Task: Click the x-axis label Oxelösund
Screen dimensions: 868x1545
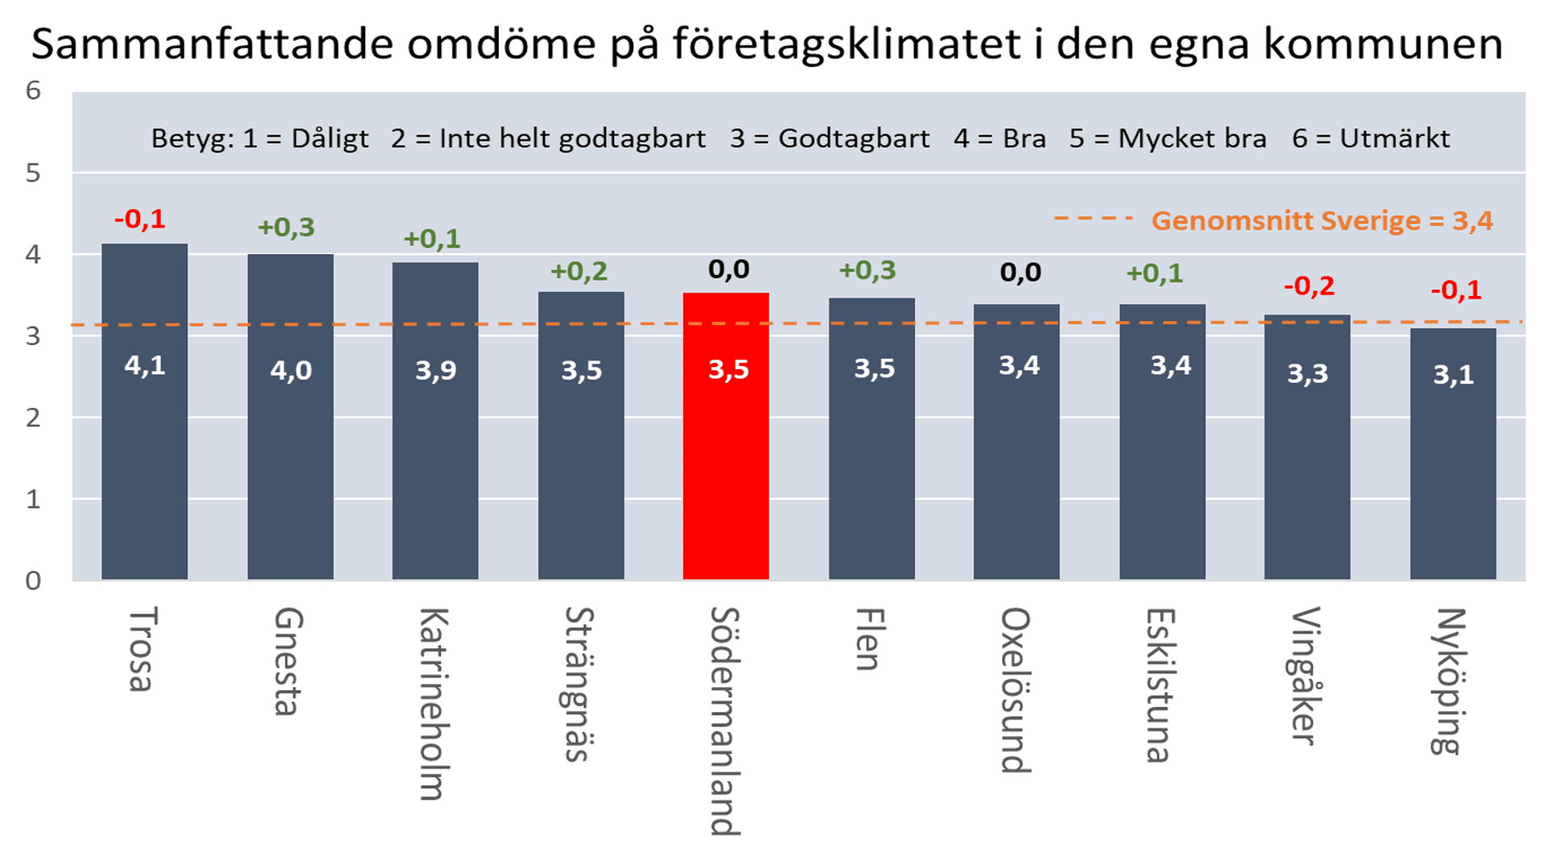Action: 1016,690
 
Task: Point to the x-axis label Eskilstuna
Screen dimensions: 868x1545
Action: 1160,685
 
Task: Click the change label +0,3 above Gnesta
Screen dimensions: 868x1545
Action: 286,228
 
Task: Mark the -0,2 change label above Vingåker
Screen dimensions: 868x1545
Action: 1309,286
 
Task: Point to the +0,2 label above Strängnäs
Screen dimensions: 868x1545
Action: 579,272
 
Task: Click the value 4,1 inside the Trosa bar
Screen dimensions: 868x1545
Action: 145,366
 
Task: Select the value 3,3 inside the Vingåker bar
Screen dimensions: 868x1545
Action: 1308,373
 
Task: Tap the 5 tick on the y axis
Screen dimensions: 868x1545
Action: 33,173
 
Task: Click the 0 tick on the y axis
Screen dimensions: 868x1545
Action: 33,580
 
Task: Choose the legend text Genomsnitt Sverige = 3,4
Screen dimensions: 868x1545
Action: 1322,220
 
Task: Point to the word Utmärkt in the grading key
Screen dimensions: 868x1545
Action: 1395,138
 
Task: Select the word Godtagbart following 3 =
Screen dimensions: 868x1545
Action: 854,138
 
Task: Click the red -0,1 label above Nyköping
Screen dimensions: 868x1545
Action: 1456,290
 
